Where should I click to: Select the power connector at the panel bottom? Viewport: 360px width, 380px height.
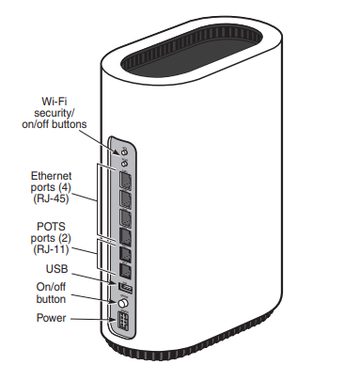(x=122, y=323)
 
